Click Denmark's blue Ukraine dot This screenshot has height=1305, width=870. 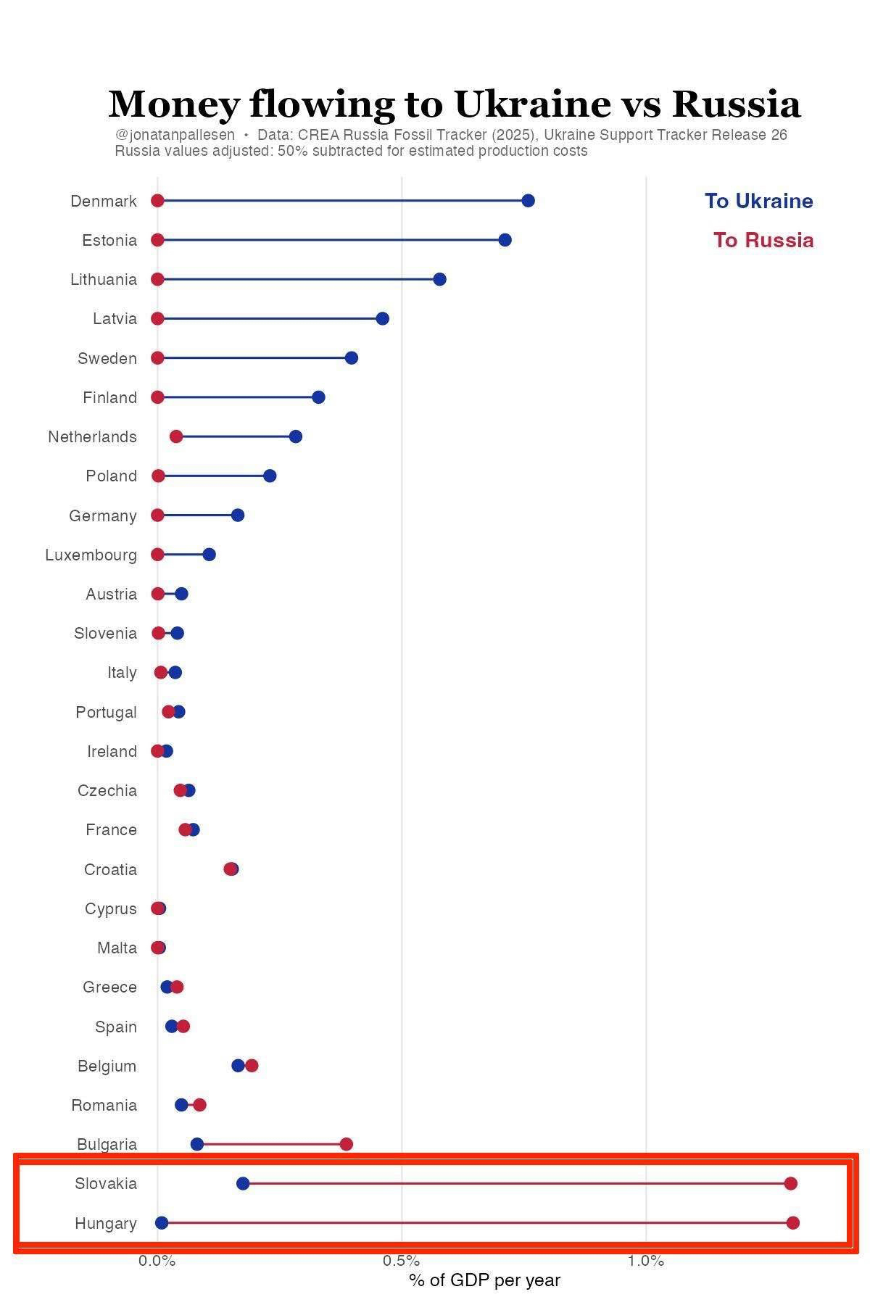[528, 201]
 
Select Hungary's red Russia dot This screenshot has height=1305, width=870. [792, 1223]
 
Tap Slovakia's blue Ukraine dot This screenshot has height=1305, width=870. [243, 1184]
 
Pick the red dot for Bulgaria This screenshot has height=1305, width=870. [346, 1144]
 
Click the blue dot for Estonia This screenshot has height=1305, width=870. [505, 240]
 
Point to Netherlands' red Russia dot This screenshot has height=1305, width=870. [175, 436]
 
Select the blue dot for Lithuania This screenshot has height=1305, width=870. [439, 279]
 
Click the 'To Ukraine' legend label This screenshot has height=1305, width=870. [758, 201]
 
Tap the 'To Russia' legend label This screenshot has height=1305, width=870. [763, 240]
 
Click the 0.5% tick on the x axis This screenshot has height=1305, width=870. [401, 1261]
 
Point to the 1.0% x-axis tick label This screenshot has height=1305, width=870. [645, 1261]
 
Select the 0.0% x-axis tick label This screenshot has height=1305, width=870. [157, 1261]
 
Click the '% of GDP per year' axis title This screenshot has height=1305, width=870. [484, 1280]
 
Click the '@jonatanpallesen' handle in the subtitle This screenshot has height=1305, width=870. [175, 135]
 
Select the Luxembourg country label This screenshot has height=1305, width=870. [91, 555]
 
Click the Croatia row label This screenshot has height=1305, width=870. [110, 869]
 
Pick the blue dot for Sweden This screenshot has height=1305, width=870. [351, 358]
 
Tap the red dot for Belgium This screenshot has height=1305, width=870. [252, 1066]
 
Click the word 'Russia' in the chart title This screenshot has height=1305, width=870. [736, 104]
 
